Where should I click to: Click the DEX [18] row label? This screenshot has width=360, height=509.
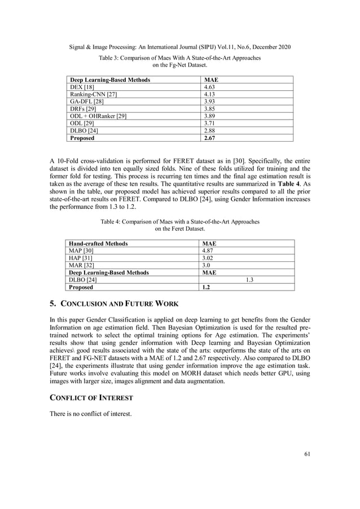[x=79, y=87]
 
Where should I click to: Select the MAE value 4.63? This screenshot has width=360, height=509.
[x=209, y=87]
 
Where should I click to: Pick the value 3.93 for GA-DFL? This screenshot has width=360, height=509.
[x=209, y=102]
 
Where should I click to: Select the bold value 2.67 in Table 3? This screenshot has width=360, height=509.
[x=209, y=138]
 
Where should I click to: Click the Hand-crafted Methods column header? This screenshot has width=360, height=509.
[x=98, y=244]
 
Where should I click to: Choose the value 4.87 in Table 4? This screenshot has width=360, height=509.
[x=209, y=251]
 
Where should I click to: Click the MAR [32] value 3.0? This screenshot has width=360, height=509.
[x=207, y=265]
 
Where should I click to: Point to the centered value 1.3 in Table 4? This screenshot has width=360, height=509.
[x=248, y=280]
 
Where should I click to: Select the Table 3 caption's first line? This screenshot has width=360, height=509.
[x=179, y=58]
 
